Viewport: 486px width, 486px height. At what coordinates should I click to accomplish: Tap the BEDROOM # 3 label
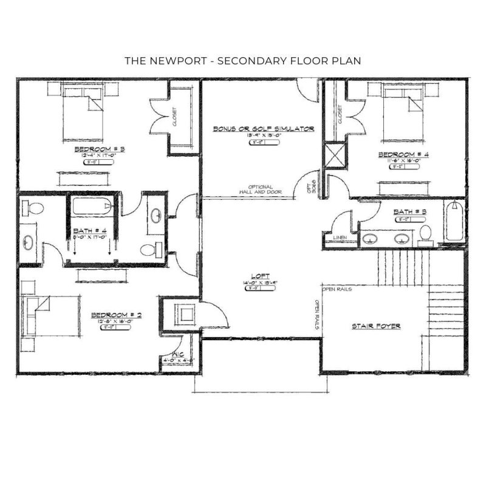click(99, 148)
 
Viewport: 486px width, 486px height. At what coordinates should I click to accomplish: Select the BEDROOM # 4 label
click(403, 154)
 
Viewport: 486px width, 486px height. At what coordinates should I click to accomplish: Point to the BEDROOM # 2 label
click(116, 315)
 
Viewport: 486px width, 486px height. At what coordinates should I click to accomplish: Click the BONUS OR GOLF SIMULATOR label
click(262, 129)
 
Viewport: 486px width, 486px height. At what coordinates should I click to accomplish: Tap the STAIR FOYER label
click(375, 326)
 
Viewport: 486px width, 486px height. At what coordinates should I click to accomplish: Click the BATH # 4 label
click(90, 231)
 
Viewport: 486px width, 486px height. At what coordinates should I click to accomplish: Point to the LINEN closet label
click(340, 237)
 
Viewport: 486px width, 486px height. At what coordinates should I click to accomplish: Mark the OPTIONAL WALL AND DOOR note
click(260, 190)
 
